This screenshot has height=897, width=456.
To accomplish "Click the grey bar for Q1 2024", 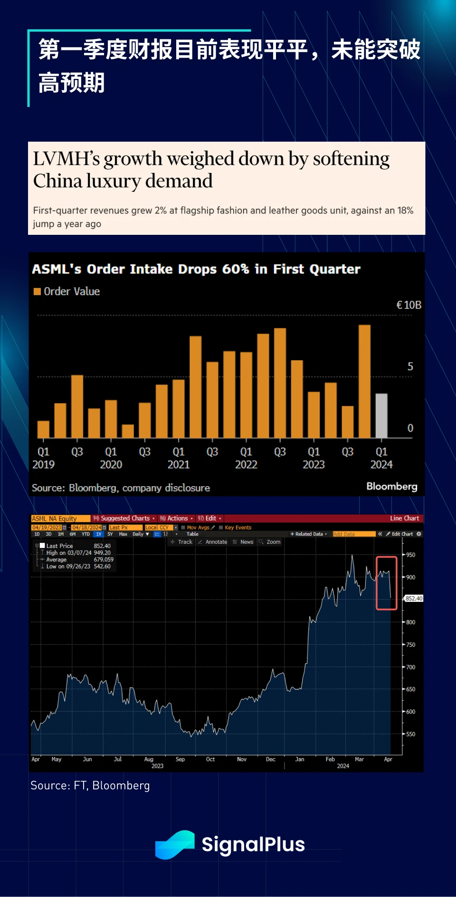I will click(381, 415).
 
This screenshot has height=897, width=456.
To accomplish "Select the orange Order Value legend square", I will click(37, 291).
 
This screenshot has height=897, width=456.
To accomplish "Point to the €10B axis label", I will click(409, 305).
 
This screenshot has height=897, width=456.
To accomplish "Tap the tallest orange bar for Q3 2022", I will click(280, 383).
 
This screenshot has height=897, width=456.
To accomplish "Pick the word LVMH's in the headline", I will click(66, 159).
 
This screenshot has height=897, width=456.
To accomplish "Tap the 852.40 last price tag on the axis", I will click(414, 598).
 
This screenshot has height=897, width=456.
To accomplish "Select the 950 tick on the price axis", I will click(410, 555).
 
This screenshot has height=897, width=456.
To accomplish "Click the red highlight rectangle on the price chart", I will click(386, 583).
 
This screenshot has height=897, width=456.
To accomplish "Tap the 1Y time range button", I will click(98, 534).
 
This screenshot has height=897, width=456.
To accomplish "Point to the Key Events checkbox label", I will click(238, 528).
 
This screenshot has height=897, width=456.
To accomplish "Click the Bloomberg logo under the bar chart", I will click(391, 486).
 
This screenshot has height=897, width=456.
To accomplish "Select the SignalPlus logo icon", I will click(175, 844).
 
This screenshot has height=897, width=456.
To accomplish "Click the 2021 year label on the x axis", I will click(179, 464).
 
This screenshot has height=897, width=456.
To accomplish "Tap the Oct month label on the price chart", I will click(210, 759).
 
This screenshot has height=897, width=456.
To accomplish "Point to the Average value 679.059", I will click(104, 559).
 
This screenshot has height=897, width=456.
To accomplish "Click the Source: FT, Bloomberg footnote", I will click(90, 785).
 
